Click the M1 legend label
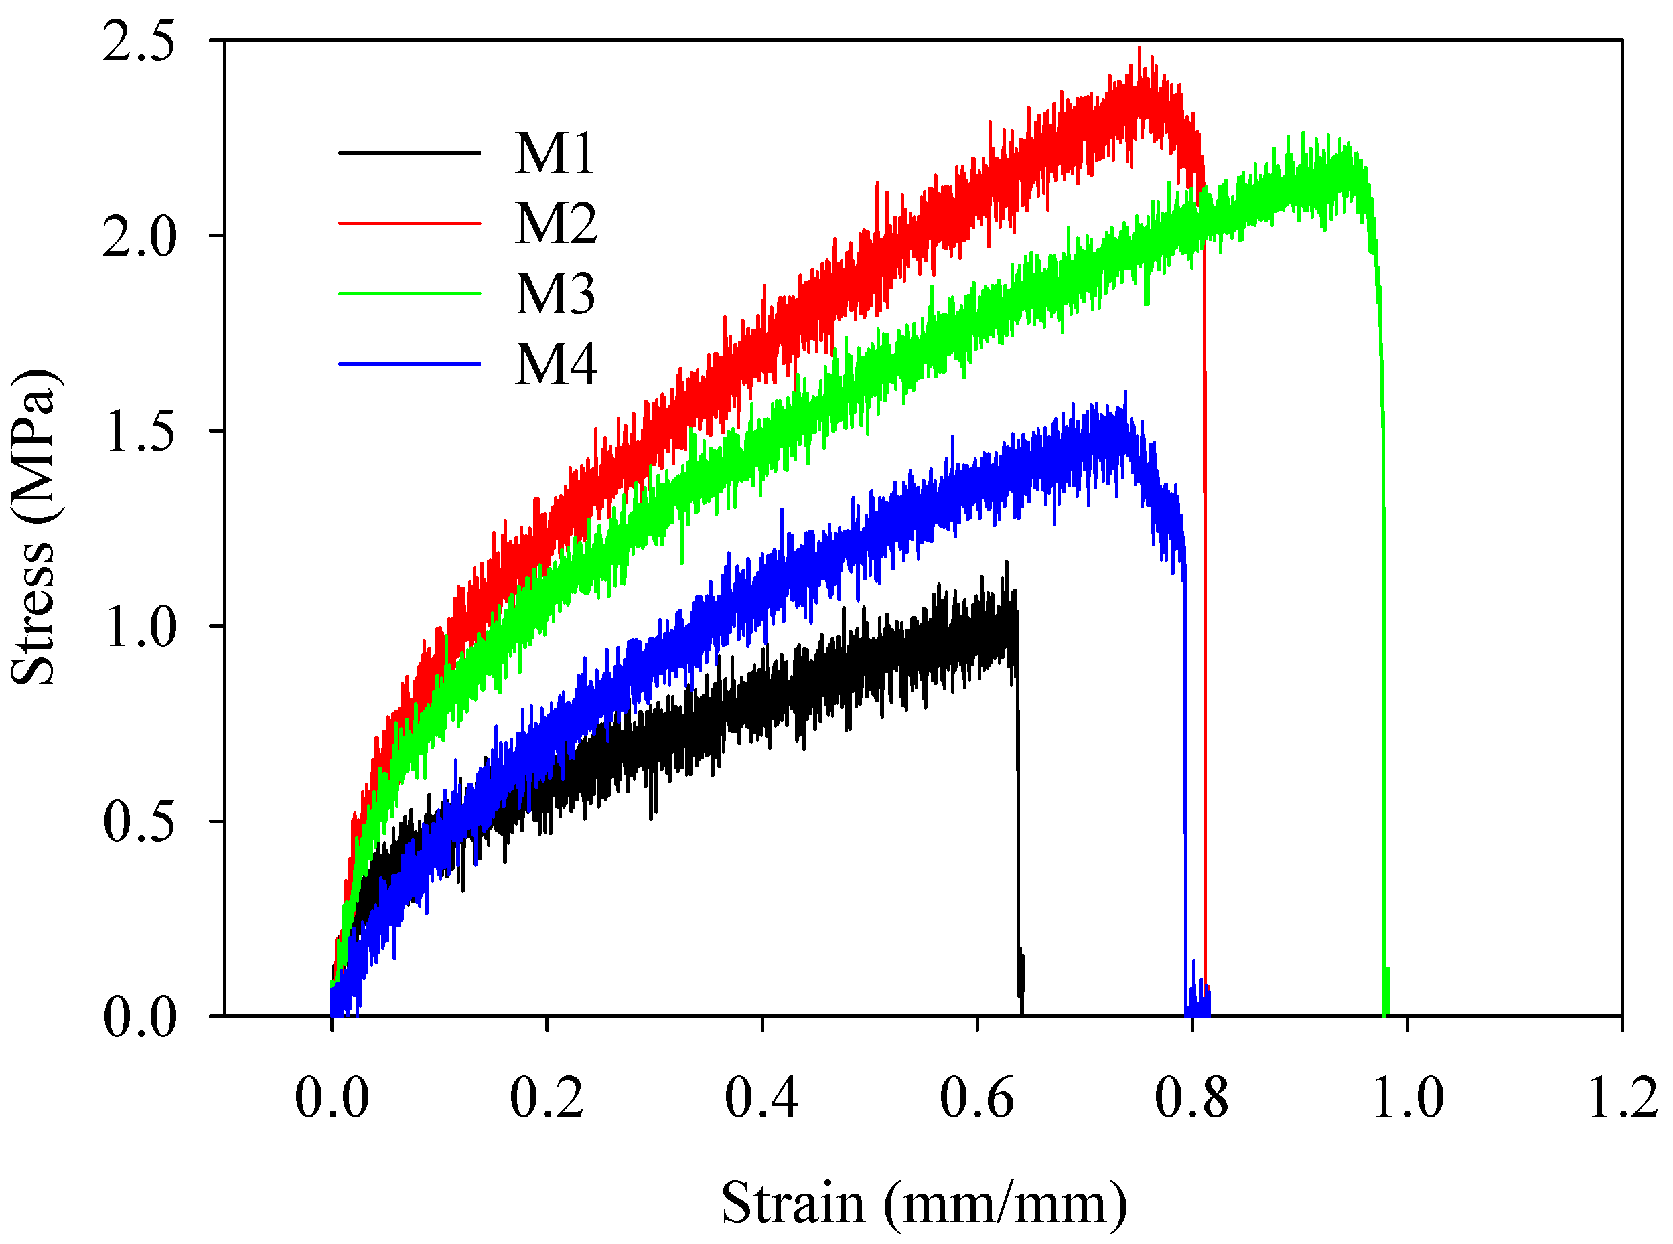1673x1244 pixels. (555, 153)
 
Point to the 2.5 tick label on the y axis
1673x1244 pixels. (139, 41)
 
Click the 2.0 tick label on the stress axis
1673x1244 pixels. (139, 236)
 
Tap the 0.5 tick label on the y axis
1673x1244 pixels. (139, 822)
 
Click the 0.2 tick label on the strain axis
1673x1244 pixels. (547, 1099)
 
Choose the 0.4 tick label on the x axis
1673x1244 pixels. (761, 1099)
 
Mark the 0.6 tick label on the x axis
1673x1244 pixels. (976, 1099)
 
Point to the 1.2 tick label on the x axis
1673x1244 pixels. (1623, 1099)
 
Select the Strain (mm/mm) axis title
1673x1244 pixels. (924, 1203)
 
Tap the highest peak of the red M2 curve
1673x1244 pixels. (1139, 48)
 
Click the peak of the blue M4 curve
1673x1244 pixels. (1125, 392)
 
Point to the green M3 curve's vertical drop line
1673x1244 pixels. (1383, 603)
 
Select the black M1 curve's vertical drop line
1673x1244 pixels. (1019, 828)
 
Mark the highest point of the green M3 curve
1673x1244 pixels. (1303, 134)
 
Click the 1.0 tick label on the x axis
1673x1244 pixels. (1407, 1099)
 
